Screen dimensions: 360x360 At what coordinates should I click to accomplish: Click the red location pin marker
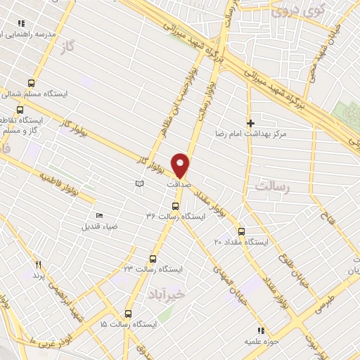[x=181, y=165]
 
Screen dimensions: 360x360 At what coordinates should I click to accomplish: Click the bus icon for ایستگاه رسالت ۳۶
[x=176, y=206]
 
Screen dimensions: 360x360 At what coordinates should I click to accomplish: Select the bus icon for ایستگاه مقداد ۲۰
[x=241, y=231]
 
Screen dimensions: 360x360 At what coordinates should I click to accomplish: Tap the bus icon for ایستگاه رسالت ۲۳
[x=153, y=259]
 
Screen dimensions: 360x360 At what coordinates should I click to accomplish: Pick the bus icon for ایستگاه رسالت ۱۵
[x=128, y=314]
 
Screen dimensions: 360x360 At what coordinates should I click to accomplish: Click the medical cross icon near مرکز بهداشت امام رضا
[x=250, y=123]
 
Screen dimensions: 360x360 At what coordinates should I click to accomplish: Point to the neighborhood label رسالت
[x=273, y=187]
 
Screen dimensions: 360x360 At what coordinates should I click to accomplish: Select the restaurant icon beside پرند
[x=39, y=265]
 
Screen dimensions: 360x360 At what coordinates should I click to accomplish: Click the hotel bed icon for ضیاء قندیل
[x=99, y=215]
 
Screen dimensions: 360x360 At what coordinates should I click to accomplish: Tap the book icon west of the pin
[x=139, y=184]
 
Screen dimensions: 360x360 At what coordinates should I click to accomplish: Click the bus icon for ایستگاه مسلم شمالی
[x=30, y=82]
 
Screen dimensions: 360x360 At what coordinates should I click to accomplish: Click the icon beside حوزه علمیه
[x=260, y=330]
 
